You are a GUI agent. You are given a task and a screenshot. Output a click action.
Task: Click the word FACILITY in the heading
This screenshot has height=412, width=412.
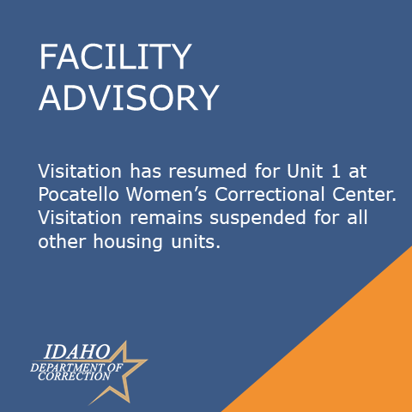coord(115,57)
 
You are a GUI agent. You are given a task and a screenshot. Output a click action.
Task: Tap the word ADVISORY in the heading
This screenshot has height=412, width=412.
coord(129,98)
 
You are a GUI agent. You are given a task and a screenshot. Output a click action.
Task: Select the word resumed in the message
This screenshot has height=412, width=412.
coord(208,171)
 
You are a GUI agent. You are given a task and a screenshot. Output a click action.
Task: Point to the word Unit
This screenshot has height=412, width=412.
coord(305,171)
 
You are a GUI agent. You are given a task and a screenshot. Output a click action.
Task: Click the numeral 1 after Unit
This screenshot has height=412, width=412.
coord(336,172)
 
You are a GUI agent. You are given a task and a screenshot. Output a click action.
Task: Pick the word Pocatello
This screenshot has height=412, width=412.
coord(78,195)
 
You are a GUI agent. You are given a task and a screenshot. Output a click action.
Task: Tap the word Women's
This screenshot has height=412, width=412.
coord(167,195)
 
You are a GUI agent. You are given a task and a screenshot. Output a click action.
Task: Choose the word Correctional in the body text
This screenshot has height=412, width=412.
coord(270,195)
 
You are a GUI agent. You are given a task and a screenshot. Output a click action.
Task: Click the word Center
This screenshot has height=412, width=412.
coord(364,195)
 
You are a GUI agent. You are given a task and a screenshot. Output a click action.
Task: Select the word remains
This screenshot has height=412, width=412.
coord(167,218)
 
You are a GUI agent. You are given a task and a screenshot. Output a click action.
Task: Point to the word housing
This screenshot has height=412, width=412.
coord(128,243)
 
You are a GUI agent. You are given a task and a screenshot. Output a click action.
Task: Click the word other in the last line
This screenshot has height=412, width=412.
coord(62,241)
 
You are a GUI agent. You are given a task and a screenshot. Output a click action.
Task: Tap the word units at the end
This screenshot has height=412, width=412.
coord(196,242)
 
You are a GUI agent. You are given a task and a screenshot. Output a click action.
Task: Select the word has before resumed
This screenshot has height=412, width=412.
coord(145,171)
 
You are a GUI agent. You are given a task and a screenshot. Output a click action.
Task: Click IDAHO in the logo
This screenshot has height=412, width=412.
coord(76,352)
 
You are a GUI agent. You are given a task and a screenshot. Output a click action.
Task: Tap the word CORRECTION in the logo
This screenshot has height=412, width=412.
coord(74,377)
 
